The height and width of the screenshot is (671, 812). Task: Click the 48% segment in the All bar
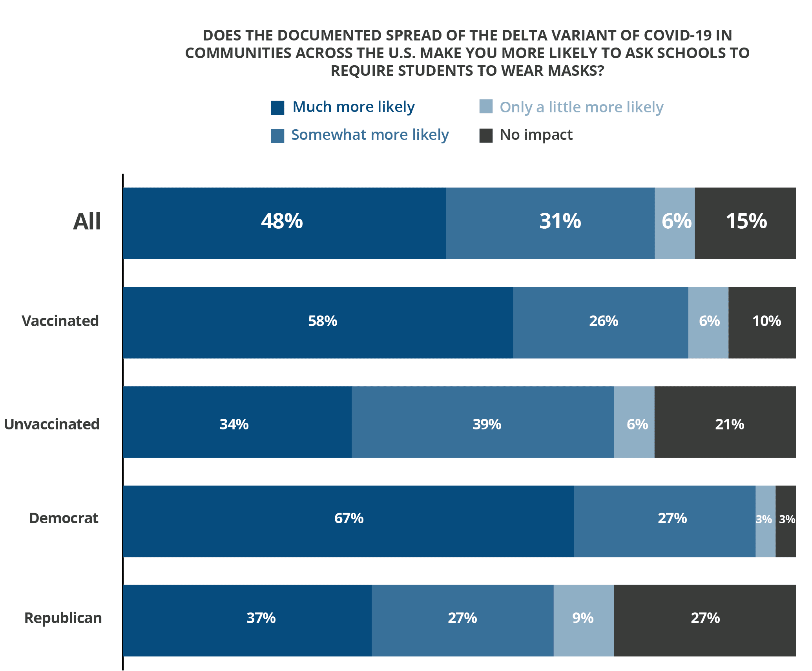pos(284,223)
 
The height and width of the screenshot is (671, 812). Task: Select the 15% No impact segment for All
pos(745,223)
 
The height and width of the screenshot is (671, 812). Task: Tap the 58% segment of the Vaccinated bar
pos(318,323)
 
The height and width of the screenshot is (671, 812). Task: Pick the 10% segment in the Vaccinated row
pos(762,323)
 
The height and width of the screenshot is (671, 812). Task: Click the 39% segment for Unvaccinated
pos(483,422)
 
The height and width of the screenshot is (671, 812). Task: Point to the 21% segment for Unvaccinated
pos(725,422)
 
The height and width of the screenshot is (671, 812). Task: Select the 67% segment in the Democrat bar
pos(348,521)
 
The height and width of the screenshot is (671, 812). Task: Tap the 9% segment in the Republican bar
pos(584,621)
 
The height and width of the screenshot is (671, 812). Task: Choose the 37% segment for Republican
pos(247,621)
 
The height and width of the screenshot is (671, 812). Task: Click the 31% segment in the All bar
pos(550,223)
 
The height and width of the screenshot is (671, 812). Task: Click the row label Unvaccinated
pos(52,424)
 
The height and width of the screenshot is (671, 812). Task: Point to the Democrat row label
pos(64,518)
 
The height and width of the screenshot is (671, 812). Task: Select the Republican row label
pos(63,618)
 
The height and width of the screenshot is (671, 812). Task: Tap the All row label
pos(87,222)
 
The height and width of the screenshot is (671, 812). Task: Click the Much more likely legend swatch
pos(277,108)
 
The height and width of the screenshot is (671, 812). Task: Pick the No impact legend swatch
pos(486,136)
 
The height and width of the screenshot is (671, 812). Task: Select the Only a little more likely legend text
pos(581,107)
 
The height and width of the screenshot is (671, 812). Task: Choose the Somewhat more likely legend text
pos(370,135)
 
